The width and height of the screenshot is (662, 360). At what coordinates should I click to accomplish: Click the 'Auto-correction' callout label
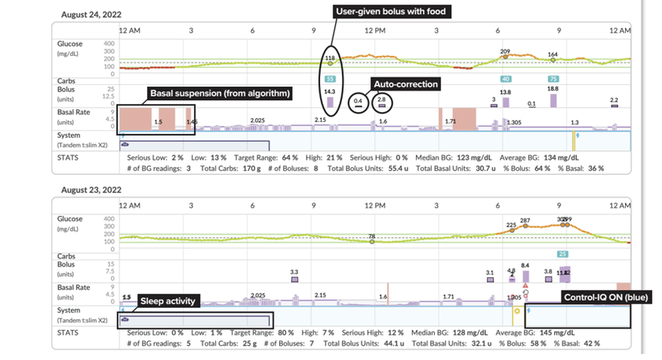(x=406, y=84)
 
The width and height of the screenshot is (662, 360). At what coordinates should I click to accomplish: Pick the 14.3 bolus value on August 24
(x=329, y=92)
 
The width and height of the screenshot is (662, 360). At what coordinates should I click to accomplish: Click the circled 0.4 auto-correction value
(x=358, y=100)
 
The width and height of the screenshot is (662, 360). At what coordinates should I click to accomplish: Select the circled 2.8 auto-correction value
(x=381, y=99)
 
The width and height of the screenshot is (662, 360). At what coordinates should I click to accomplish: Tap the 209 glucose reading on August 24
(x=505, y=51)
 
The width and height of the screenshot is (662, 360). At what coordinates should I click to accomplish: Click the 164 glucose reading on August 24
(x=552, y=54)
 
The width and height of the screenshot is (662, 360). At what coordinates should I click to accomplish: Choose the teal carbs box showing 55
(x=329, y=80)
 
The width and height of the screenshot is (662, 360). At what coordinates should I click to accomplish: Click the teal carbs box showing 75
(x=553, y=80)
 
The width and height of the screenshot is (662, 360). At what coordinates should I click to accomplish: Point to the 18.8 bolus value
(x=552, y=89)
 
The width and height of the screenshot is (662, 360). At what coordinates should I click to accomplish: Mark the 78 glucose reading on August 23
(x=371, y=236)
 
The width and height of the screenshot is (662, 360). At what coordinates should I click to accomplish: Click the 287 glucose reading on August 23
(x=525, y=220)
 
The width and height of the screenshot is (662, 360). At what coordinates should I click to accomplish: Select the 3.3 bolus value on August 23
(x=295, y=271)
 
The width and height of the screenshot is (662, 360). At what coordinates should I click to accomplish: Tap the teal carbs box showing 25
(x=562, y=254)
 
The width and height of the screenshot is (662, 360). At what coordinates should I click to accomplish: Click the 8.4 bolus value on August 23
(x=525, y=265)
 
